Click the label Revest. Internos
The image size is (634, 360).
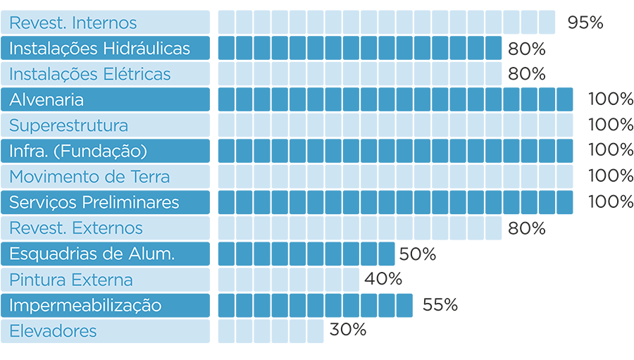click(x=73, y=23)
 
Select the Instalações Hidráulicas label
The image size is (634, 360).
click(x=99, y=49)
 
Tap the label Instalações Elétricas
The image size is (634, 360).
click(x=89, y=75)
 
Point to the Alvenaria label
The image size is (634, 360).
click(x=46, y=100)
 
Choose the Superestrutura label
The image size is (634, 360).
click(x=68, y=126)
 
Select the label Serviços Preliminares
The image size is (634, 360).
click(x=94, y=203)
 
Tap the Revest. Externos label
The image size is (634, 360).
click(x=75, y=228)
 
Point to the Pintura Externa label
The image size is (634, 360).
click(x=70, y=280)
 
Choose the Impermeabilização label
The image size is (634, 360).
click(x=85, y=306)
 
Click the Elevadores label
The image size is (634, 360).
click(x=53, y=331)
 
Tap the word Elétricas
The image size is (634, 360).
click(x=138, y=75)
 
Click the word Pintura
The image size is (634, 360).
click(x=36, y=280)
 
